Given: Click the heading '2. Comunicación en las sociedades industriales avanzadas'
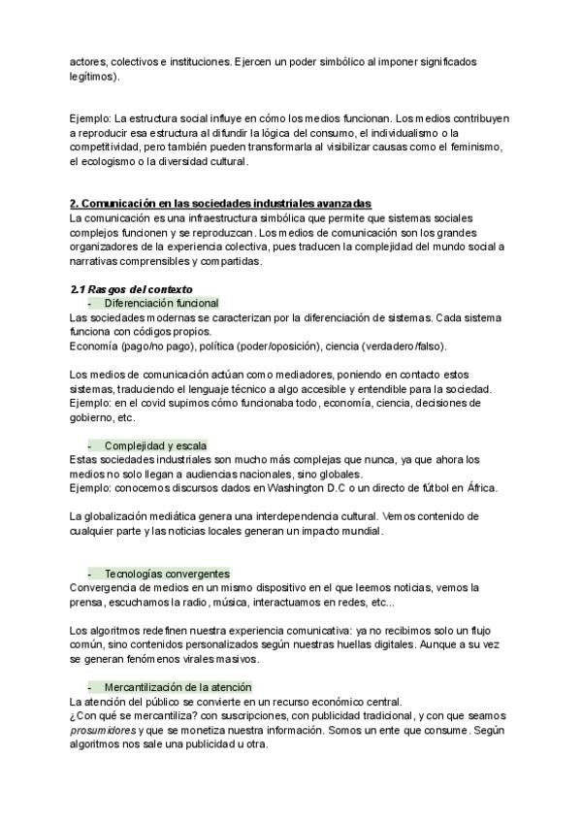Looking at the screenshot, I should pos(220,203).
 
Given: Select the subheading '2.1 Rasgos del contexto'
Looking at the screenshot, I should pos(131,288).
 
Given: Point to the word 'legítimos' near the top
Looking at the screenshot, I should pos(92,76).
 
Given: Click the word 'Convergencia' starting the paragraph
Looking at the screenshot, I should pos(107,587).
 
